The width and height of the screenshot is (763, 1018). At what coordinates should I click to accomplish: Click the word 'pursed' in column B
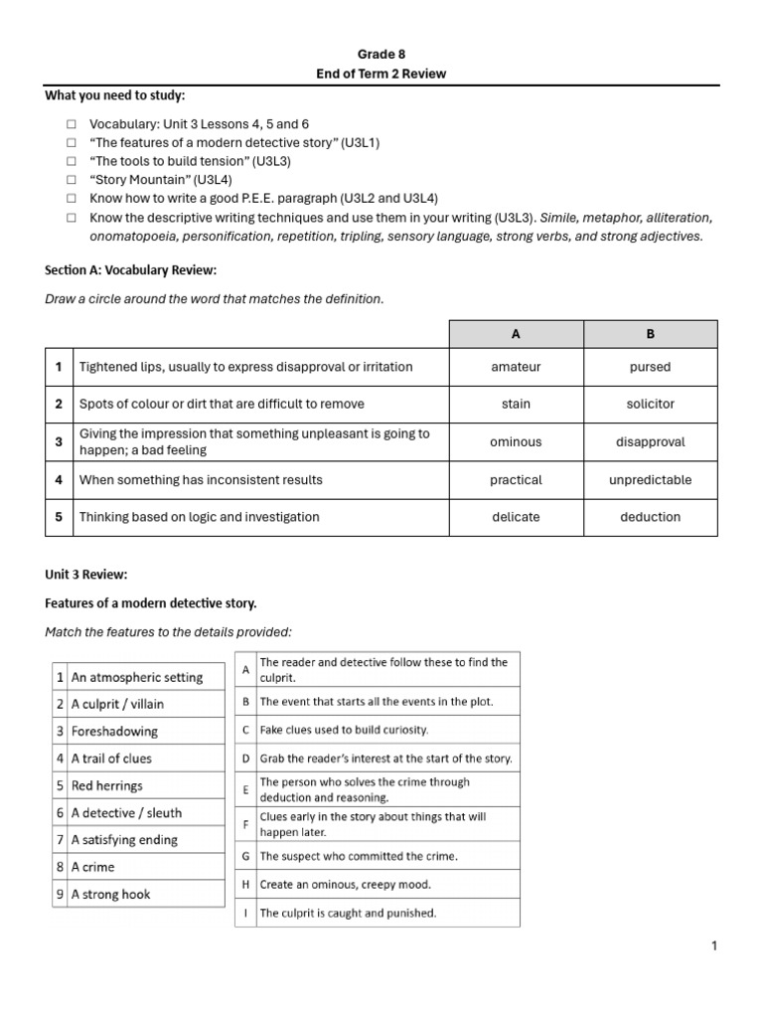pyautogui.click(x=650, y=367)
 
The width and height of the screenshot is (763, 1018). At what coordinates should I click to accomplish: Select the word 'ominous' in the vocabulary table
pyautogui.click(x=516, y=442)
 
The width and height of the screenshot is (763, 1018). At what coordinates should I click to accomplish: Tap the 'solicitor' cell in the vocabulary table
pyautogui.click(x=650, y=405)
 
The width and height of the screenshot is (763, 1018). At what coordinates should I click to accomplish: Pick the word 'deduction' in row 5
pyautogui.click(x=650, y=517)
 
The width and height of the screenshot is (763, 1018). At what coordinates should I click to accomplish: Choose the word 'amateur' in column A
pyautogui.click(x=516, y=367)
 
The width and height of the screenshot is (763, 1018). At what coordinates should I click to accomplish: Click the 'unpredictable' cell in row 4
pyautogui.click(x=650, y=480)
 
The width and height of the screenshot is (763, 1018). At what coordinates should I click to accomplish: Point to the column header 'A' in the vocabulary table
pyautogui.click(x=516, y=334)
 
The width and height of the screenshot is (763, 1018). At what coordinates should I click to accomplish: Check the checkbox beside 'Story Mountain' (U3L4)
pyautogui.click(x=72, y=180)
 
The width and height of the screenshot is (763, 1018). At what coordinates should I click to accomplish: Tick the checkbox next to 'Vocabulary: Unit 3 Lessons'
pyautogui.click(x=72, y=124)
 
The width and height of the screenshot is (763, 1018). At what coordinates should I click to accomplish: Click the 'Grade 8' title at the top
pyautogui.click(x=381, y=55)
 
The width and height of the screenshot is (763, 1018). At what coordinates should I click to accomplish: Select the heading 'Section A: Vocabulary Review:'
pyautogui.click(x=130, y=270)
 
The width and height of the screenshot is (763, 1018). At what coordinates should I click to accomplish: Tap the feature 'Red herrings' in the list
pyautogui.click(x=107, y=785)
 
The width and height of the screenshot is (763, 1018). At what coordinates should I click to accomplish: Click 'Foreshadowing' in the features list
pyautogui.click(x=114, y=732)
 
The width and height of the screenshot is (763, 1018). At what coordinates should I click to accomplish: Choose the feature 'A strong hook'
pyautogui.click(x=110, y=894)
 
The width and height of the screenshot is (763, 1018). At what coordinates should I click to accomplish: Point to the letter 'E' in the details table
pyautogui.click(x=245, y=789)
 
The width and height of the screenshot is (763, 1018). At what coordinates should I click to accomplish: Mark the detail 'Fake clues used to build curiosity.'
pyautogui.click(x=344, y=730)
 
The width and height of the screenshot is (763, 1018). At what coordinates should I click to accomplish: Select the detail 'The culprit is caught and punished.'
pyautogui.click(x=348, y=913)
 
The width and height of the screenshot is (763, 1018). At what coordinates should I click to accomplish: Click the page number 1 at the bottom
pyautogui.click(x=713, y=946)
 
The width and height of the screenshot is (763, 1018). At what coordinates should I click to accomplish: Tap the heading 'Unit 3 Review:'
pyautogui.click(x=85, y=575)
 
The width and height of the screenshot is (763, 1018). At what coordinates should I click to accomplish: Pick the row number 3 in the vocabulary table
pyautogui.click(x=60, y=442)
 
